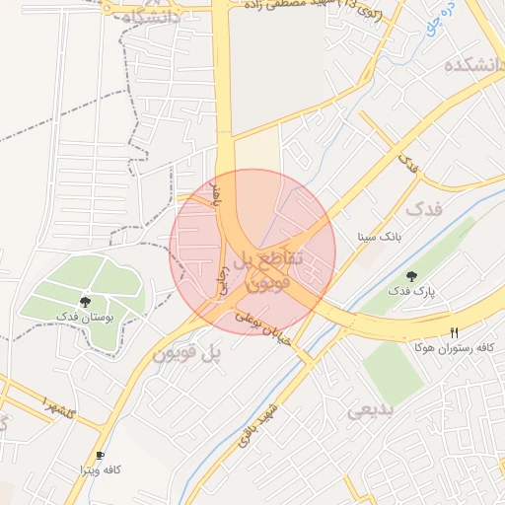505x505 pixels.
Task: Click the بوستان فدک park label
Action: tap(84, 318)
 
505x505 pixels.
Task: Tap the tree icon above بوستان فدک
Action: tap(85, 302)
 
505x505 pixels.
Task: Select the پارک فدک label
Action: tap(410, 291)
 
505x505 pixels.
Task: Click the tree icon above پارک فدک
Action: tap(411, 275)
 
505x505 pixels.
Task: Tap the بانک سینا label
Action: tap(379, 238)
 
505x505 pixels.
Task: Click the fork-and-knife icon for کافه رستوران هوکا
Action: tap(454, 332)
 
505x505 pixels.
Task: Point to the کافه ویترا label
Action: tap(100, 470)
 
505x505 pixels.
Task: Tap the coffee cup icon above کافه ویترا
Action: tap(100, 455)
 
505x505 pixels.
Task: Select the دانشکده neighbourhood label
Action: tap(473, 66)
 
